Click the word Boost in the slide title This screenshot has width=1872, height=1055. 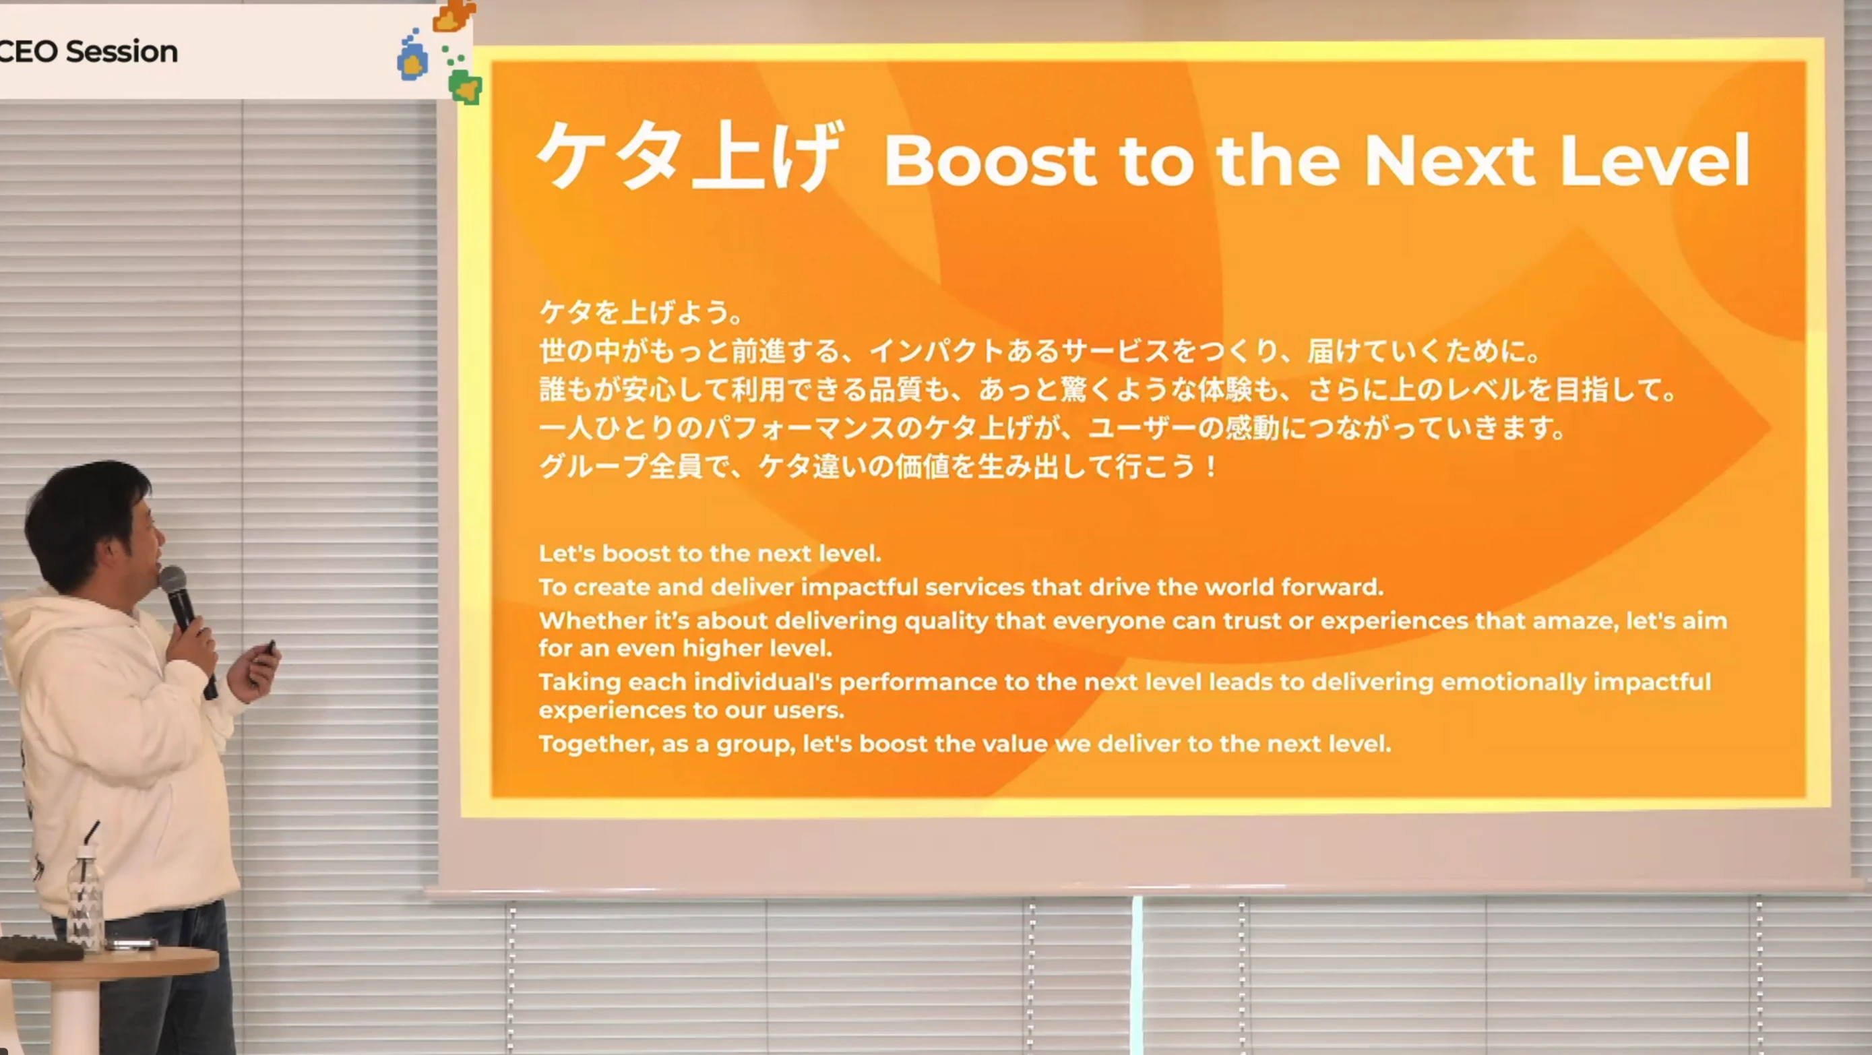990,160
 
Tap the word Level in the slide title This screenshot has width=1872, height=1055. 1655,160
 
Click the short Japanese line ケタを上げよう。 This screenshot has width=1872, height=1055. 640,313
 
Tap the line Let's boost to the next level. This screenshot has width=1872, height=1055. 710,554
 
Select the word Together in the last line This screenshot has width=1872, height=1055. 596,744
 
